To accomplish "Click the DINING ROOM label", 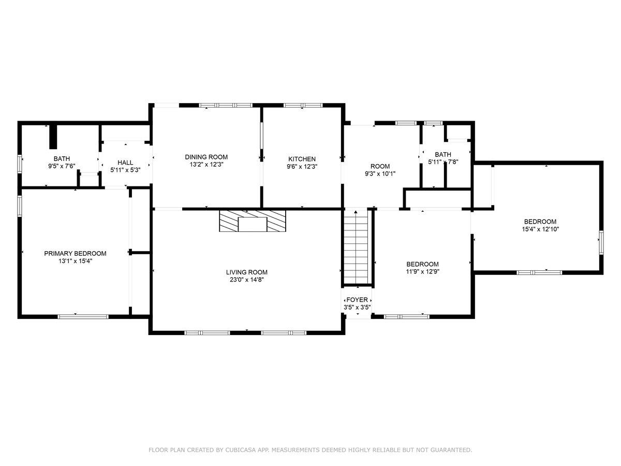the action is point(206,157).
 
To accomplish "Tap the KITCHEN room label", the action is point(302,159).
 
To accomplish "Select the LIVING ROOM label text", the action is point(247,272).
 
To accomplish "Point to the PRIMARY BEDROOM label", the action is point(75,254).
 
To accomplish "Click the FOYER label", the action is point(357,300).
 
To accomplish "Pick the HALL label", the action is point(125,163).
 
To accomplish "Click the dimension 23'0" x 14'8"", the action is point(247,280).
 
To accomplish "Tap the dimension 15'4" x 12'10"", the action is point(540,229).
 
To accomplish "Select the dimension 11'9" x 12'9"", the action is point(423,272).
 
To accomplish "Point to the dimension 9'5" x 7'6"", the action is point(62,166).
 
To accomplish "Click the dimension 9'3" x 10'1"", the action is point(380,174).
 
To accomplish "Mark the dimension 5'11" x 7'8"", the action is point(443,162).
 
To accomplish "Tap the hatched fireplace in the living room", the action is point(253,221).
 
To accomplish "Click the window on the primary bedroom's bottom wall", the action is point(83,316).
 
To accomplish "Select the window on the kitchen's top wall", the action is point(303,105).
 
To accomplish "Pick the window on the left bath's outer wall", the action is point(20,164).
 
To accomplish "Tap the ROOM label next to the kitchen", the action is point(380,166).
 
